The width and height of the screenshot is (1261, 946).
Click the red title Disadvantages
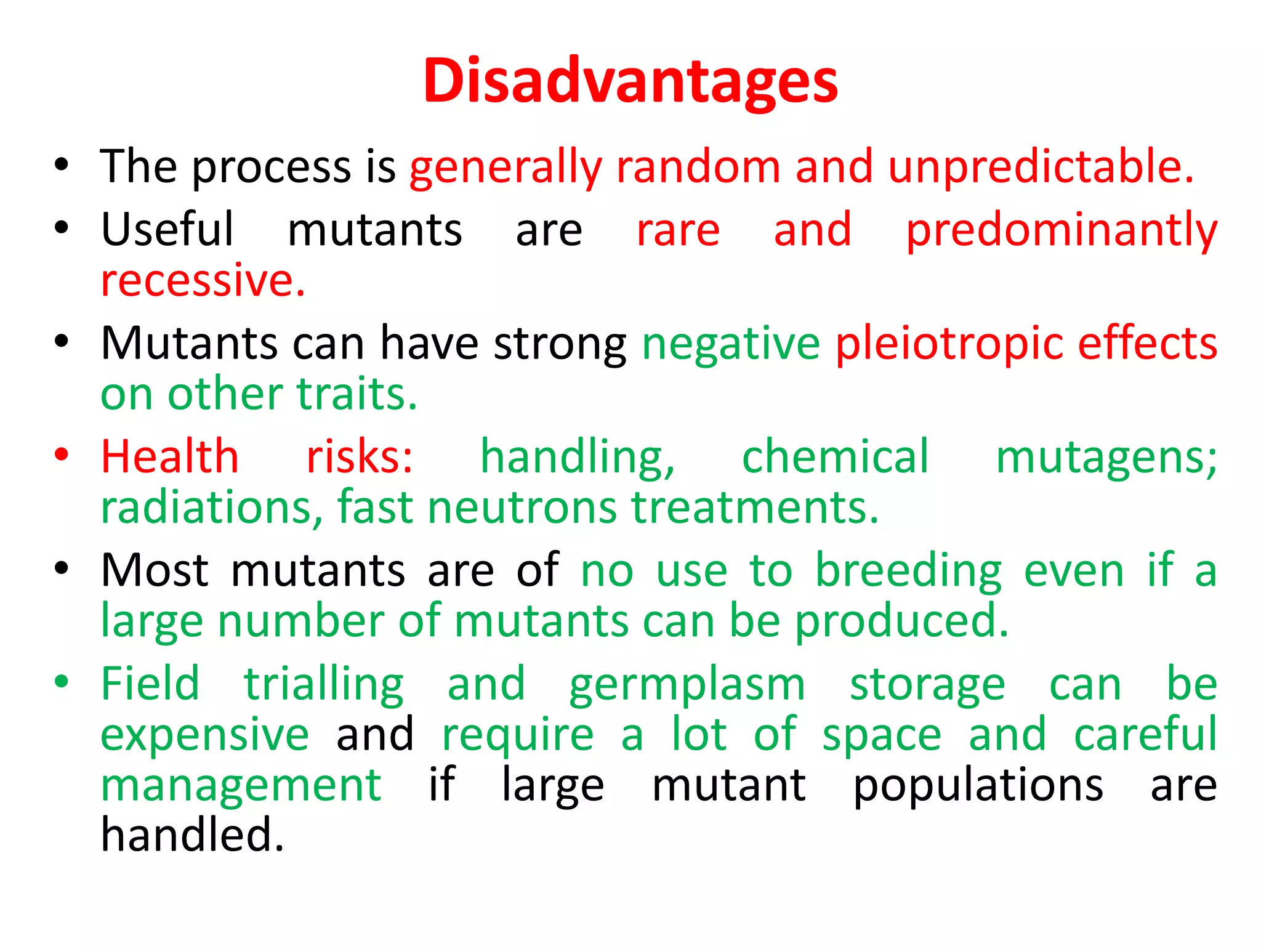tap(630, 81)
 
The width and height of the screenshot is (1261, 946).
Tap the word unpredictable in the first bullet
tap(1041, 168)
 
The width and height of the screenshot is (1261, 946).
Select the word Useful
tap(167, 230)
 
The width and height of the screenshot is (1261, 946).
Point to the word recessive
tap(203, 281)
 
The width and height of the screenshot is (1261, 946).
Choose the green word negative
tap(731, 344)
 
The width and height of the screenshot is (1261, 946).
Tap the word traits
tap(357, 394)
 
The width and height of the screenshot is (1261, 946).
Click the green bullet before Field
tap(61, 682)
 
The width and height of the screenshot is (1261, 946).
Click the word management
tap(241, 787)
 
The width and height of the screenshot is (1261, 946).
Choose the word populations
tap(978, 787)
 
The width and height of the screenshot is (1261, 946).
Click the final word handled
tap(192, 836)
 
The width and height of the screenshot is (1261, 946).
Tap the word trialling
tap(324, 685)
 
